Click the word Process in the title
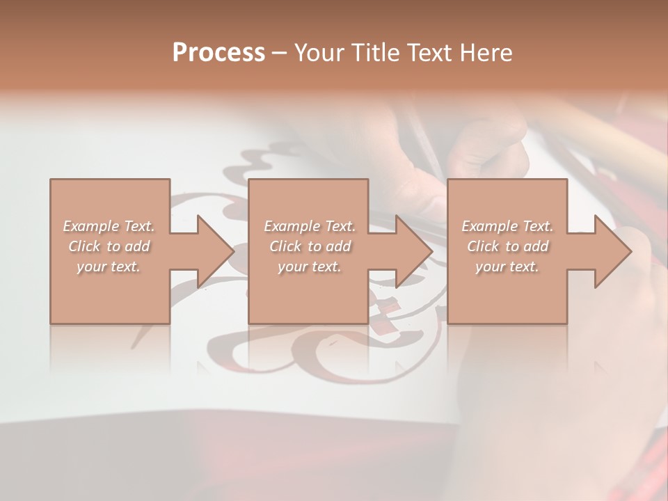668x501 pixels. point(218,53)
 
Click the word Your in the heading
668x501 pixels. point(318,53)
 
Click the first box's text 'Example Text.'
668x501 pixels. point(109,226)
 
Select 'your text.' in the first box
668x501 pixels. point(109,267)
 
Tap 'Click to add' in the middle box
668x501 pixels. point(310,246)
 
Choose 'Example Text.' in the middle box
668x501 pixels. point(310,226)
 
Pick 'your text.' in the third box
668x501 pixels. point(507,267)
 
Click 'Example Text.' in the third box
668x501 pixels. point(507,226)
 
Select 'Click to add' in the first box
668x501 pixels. point(109,246)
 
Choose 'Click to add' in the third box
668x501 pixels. point(507,246)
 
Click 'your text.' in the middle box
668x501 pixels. point(310,267)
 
